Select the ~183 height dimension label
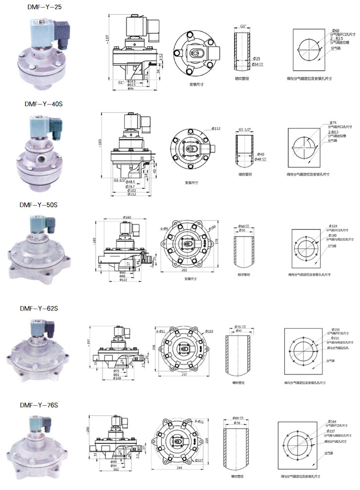(x=101, y=143)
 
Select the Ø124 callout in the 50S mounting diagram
(x=332, y=226)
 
